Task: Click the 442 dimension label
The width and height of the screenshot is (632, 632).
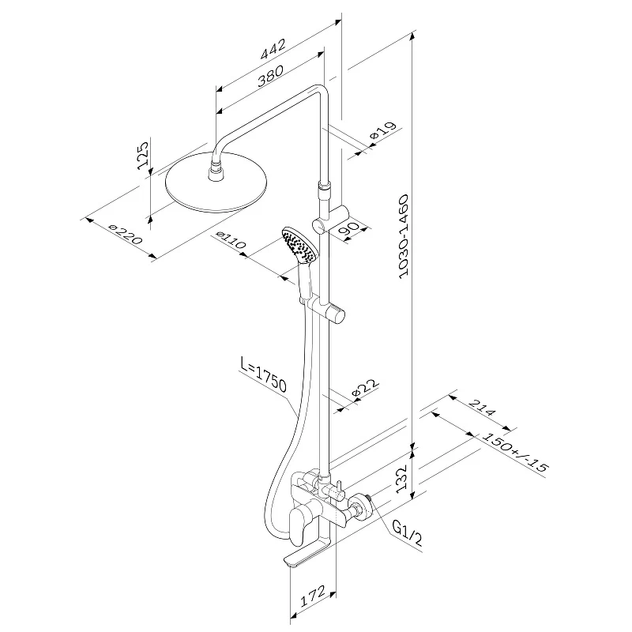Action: [273, 49]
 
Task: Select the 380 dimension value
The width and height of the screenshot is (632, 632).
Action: [270, 76]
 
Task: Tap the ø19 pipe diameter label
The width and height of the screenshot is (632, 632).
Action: [383, 131]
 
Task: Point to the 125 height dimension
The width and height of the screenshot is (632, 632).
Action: [143, 156]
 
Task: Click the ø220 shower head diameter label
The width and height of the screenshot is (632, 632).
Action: [126, 234]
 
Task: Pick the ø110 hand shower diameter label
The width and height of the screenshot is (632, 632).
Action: [230, 240]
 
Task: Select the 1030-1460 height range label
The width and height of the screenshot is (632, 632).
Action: [403, 236]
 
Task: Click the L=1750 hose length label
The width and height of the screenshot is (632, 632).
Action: [263, 374]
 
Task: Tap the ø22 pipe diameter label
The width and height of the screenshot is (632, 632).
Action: [365, 388]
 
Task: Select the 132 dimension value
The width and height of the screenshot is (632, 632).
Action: [402, 480]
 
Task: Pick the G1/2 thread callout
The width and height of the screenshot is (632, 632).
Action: [407, 532]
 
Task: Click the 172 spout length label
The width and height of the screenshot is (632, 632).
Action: [313, 596]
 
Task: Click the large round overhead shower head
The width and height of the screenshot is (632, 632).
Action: [216, 182]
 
